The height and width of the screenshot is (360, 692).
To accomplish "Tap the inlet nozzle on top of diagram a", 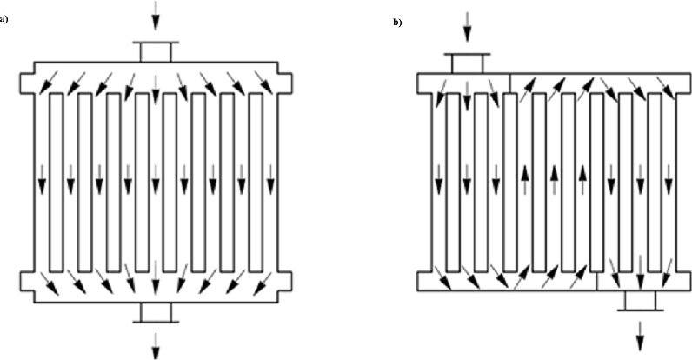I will point(155,52).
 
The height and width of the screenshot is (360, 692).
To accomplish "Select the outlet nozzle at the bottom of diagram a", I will point(155,312).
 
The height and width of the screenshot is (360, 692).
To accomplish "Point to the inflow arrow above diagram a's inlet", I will point(155,15).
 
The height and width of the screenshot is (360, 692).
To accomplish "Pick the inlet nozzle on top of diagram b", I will point(467,63).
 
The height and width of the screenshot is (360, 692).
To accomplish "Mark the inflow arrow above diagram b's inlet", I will point(467,26).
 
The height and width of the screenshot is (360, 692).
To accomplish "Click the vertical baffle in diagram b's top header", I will point(510,83).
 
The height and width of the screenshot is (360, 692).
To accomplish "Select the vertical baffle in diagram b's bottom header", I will point(597,282).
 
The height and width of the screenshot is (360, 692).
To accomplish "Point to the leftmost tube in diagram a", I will point(56,182).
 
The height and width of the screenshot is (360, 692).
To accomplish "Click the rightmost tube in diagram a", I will point(256,182).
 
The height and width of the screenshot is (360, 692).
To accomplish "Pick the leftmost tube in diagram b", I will point(452,182).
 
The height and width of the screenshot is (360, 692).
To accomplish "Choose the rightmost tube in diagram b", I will point(654,182).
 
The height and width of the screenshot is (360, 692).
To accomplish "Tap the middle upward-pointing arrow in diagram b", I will point(553,182).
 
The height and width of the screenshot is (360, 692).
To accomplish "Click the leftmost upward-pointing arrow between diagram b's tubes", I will point(524,182).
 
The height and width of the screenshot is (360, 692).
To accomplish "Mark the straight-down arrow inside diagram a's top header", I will point(155,83).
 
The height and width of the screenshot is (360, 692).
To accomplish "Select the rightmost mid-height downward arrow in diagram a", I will point(269,181).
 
